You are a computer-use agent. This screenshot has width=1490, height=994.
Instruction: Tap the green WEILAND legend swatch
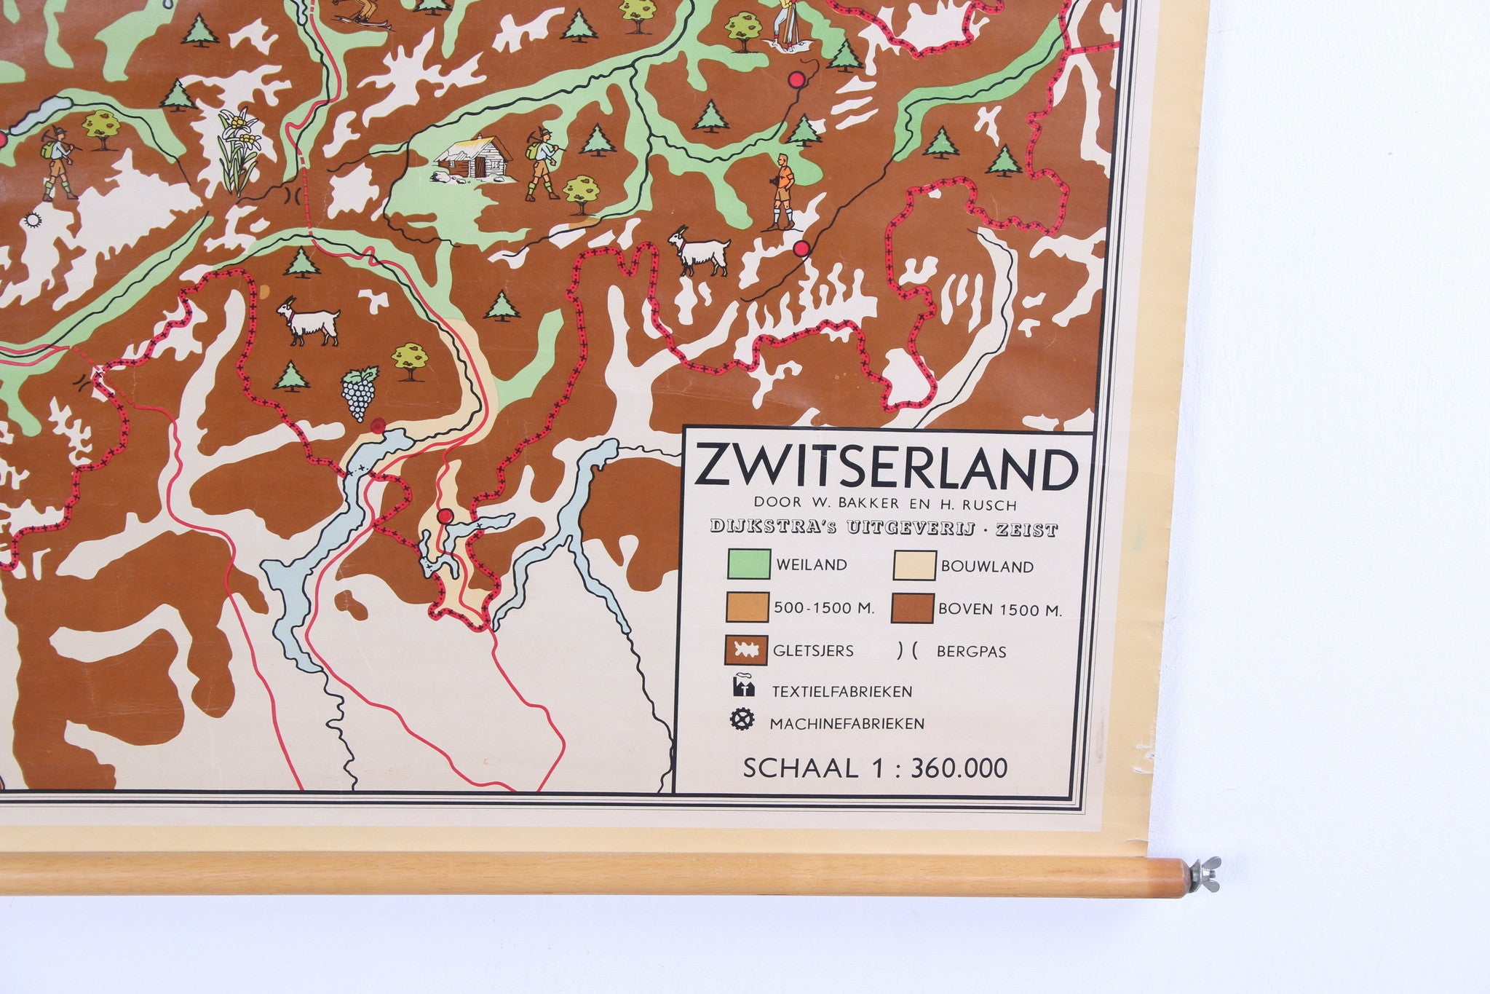pos(748,564)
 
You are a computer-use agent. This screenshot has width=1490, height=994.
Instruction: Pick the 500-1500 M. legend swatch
pos(748,607)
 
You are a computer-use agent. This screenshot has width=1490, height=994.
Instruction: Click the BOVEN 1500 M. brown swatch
pos(914,608)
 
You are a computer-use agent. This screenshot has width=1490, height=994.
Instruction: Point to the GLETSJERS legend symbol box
pos(748,650)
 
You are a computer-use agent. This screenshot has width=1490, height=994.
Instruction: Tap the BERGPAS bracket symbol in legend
pos(907,651)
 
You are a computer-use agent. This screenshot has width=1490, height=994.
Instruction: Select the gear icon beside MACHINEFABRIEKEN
pos(742,721)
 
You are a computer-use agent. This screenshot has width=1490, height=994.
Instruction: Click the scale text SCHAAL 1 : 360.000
pos(875,768)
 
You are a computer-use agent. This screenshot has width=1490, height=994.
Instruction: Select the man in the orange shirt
pos(783,190)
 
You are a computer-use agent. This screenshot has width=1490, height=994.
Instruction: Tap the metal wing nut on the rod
pos(1202,868)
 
